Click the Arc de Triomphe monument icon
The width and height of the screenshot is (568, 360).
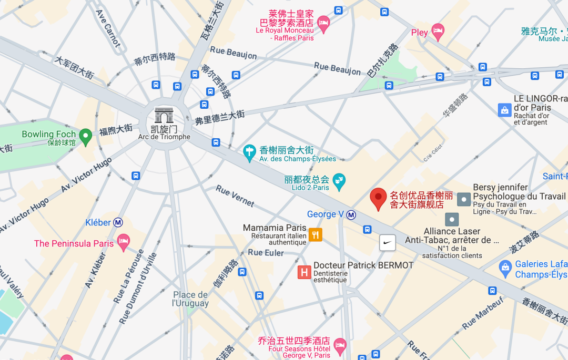[x=164, y=115]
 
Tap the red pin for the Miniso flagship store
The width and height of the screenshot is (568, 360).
[x=378, y=199]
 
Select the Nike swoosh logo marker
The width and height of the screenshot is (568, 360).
[x=388, y=242]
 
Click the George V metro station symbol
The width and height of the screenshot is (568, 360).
[x=351, y=214]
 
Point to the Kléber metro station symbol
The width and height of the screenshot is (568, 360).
[x=118, y=222]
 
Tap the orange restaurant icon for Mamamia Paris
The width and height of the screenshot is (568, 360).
[x=315, y=234]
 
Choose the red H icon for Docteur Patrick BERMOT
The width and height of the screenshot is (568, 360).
[x=304, y=272]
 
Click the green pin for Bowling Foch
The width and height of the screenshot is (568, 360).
[x=85, y=137]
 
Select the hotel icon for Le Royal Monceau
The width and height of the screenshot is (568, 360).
[x=323, y=23]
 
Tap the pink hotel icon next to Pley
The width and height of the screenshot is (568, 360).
[x=438, y=32]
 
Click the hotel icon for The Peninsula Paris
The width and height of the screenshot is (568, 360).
[x=124, y=242]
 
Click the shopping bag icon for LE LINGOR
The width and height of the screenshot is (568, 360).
[x=505, y=110]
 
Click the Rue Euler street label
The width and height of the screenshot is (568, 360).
[x=266, y=253]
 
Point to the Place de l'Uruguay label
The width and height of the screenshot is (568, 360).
[x=190, y=299]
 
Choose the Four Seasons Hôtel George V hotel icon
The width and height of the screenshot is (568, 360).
[x=340, y=345]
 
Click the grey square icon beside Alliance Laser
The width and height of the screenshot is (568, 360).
[x=452, y=219]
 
